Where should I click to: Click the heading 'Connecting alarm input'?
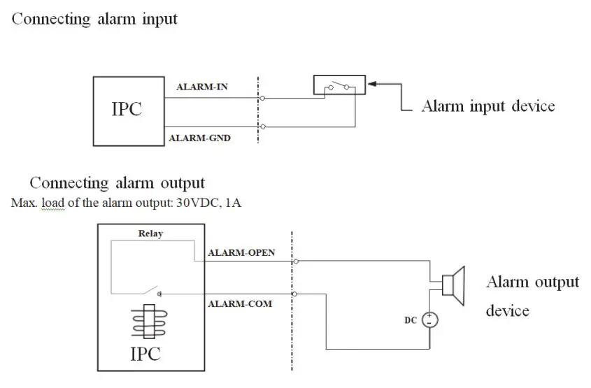(94, 19)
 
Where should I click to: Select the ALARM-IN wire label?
(201, 87)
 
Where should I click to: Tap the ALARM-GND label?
(199, 138)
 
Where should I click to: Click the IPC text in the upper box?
(127, 110)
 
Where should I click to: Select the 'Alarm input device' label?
(487, 106)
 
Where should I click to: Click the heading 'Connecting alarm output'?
(117, 183)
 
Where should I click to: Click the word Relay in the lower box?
(150, 233)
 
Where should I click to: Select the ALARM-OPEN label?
(241, 252)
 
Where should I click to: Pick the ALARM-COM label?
(240, 304)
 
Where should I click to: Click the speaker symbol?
(453, 285)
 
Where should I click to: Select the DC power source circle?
(429, 319)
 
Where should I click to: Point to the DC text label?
(411, 319)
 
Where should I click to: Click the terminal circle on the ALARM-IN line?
(262, 99)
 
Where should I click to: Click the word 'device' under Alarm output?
(507, 310)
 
